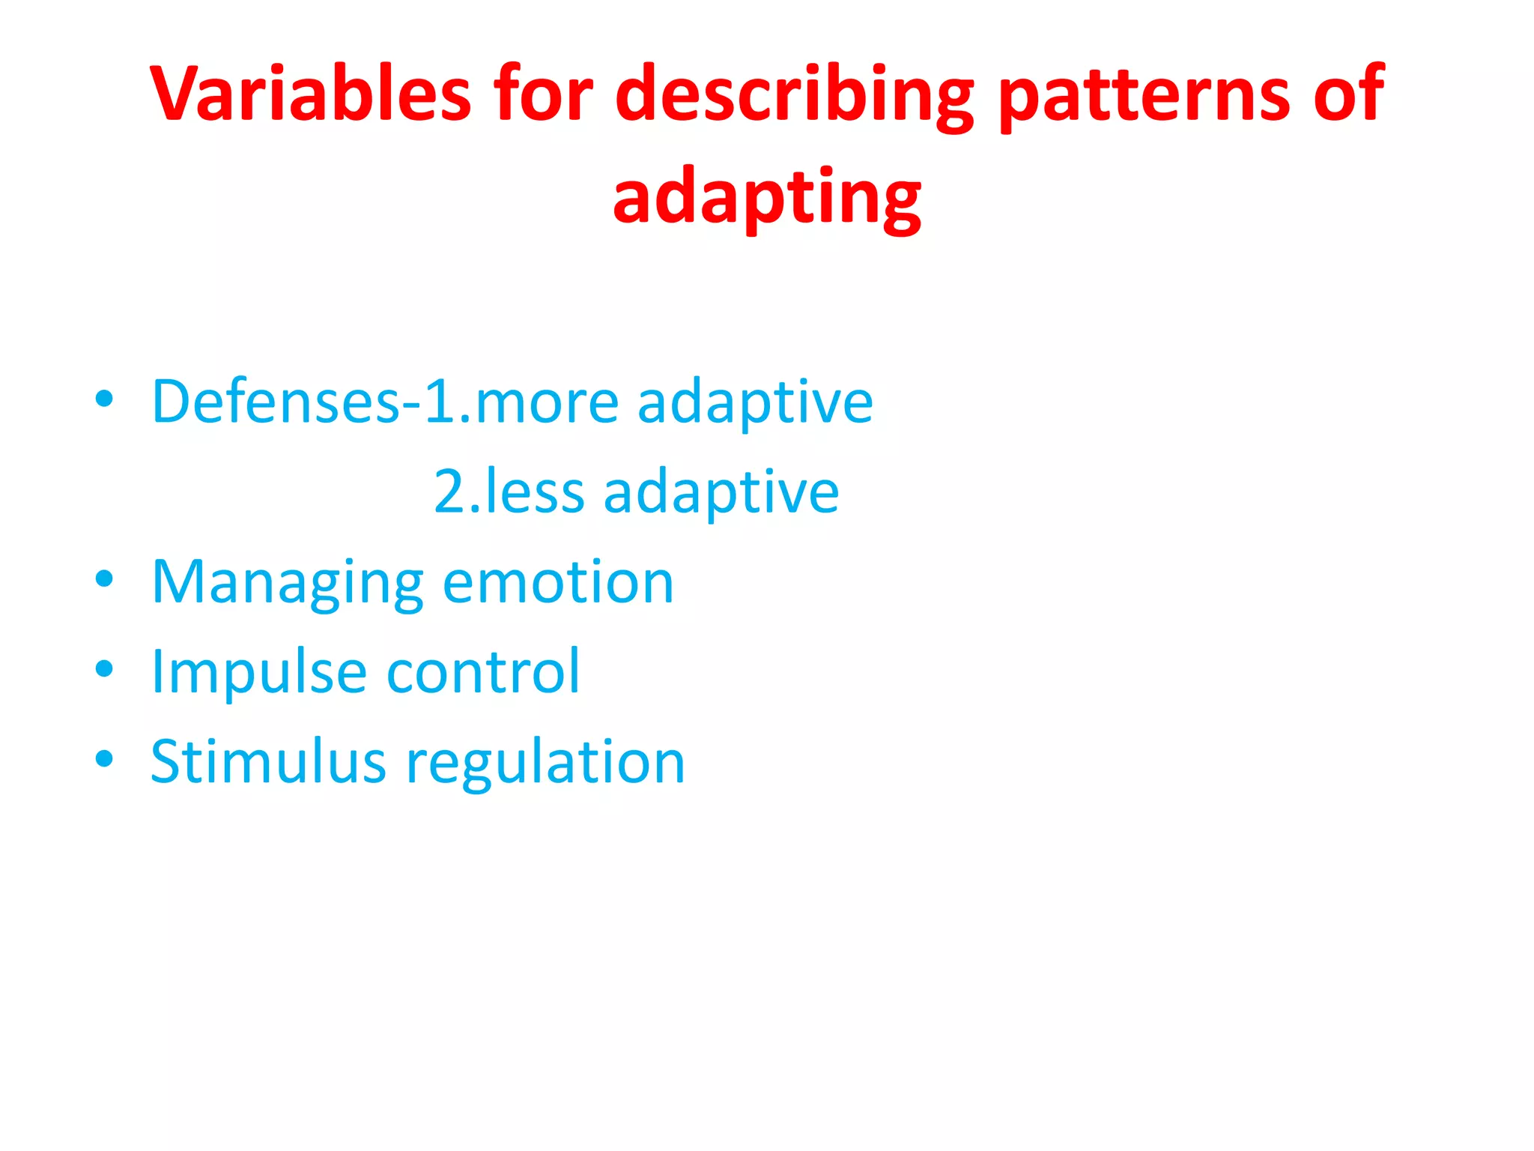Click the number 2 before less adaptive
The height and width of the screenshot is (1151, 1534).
tap(450, 492)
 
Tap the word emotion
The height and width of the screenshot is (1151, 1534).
tap(558, 582)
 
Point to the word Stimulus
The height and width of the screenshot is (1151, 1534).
tap(268, 761)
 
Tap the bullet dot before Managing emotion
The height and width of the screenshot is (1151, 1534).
tap(104, 578)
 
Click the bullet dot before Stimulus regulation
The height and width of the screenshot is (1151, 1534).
tap(104, 758)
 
